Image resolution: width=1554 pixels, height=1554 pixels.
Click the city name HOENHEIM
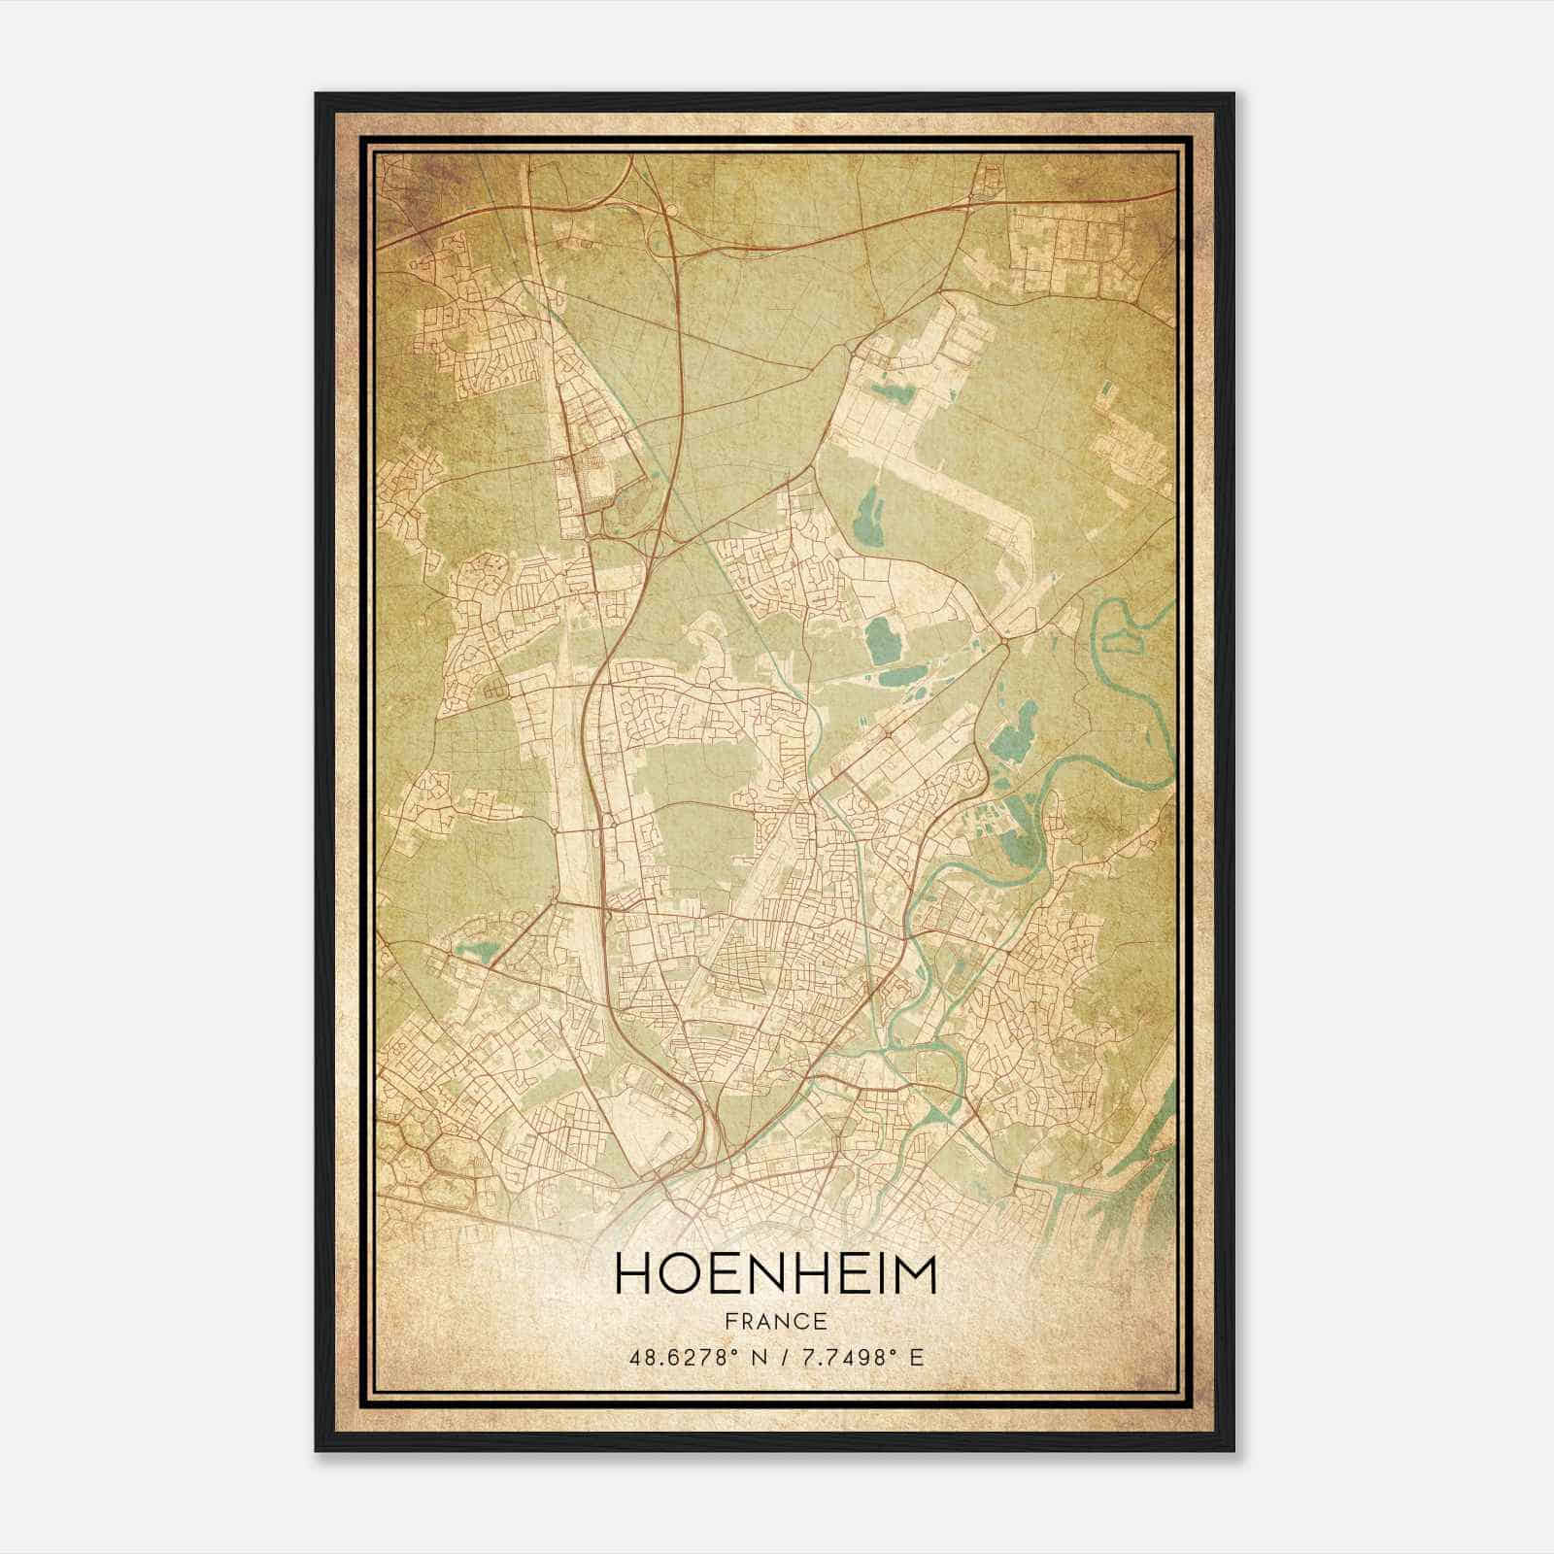coord(775,1275)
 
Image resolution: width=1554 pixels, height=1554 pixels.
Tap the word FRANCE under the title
coord(775,1322)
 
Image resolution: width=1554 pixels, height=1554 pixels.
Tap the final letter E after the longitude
coord(917,1357)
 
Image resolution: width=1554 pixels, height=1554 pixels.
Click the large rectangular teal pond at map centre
coord(883,640)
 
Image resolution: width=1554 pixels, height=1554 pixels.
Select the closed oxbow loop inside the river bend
coord(1120,639)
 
